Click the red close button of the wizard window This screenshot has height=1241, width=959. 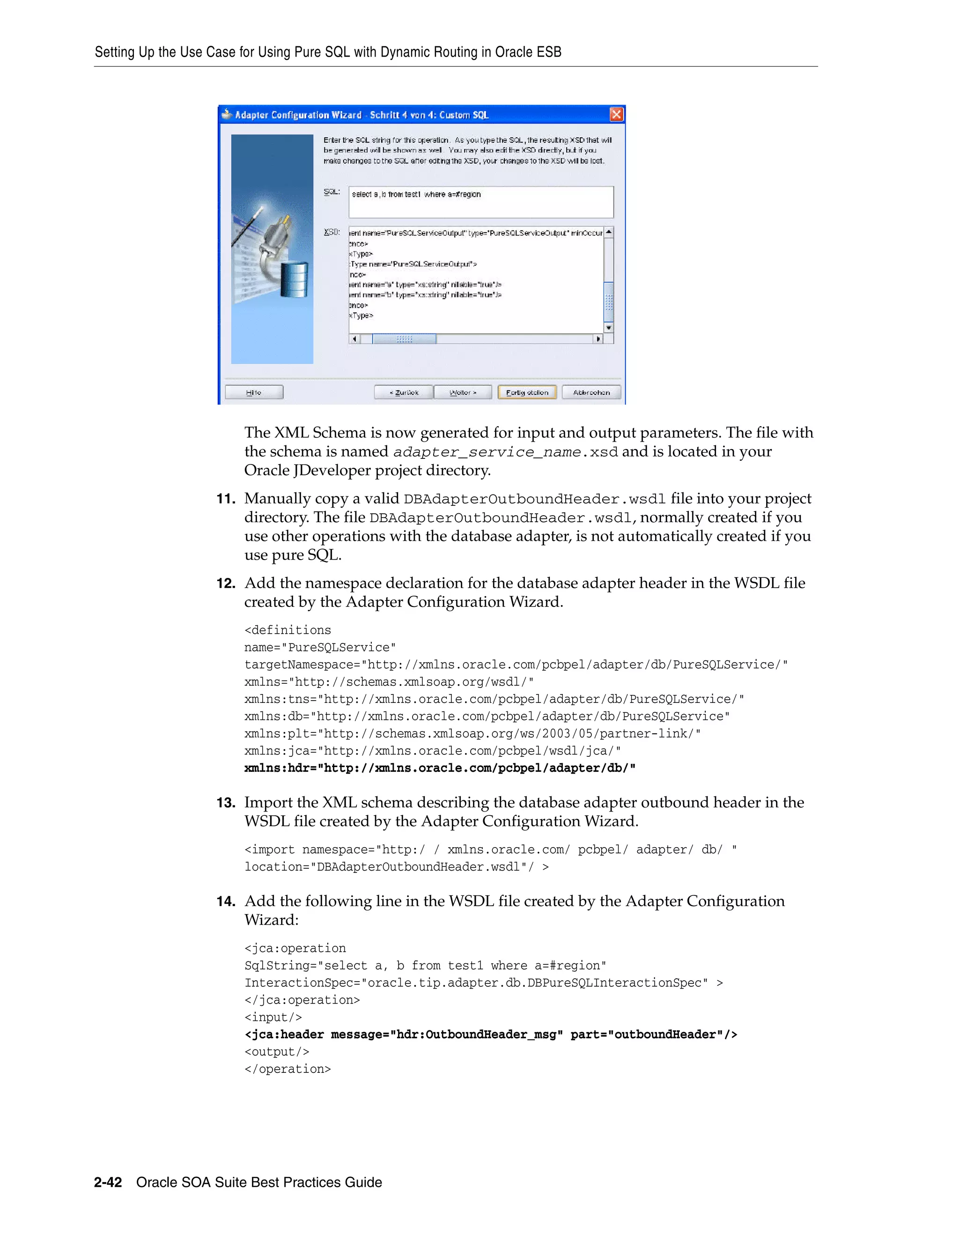616,115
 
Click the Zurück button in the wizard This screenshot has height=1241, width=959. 404,392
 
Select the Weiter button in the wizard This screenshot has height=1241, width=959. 463,392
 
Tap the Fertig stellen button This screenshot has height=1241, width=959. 527,392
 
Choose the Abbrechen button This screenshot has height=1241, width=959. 591,392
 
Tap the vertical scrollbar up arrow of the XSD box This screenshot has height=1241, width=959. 608,232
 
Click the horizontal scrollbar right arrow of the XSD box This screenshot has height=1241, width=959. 598,339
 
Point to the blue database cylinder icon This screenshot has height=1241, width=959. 294,279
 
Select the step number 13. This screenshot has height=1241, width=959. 226,803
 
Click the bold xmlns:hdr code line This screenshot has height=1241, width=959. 440,768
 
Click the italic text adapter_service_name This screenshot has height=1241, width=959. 487,452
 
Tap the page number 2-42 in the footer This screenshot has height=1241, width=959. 108,1182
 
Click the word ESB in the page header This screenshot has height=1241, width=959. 548,52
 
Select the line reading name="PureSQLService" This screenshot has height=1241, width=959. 320,648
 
